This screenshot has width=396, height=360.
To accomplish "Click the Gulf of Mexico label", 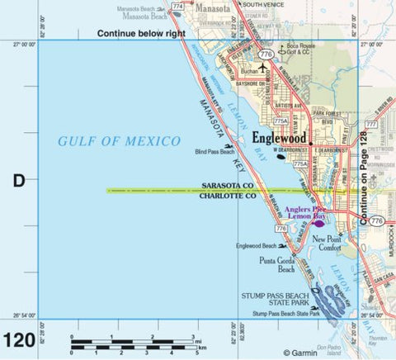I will pyautogui.click(x=119, y=141).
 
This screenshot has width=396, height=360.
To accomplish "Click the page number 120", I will pyautogui.click(x=19, y=340).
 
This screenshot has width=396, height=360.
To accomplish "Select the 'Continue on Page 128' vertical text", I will pyautogui.click(x=363, y=178).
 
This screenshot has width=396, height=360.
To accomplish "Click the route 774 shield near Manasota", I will pyautogui.click(x=178, y=7).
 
